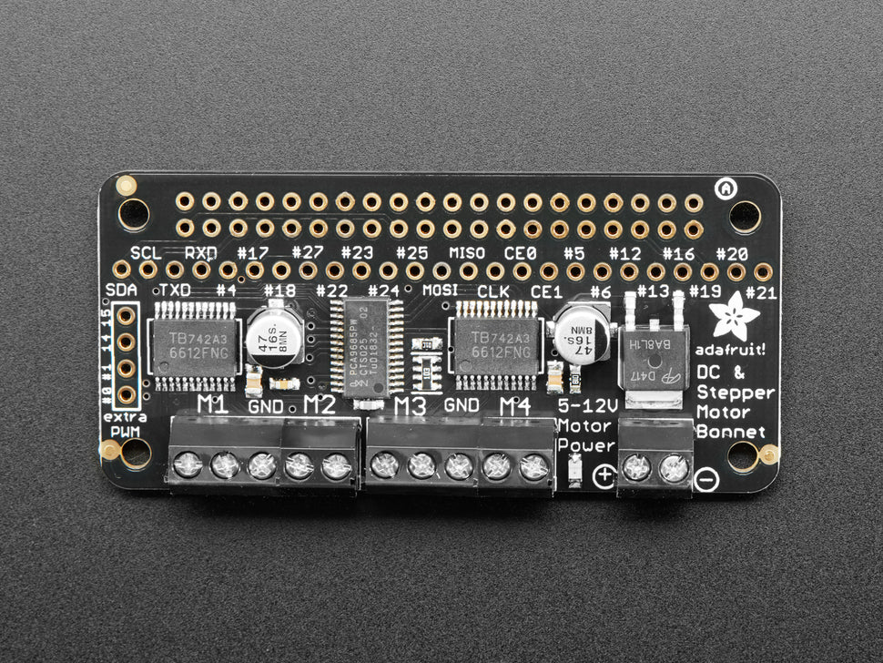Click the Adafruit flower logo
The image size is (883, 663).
tap(734, 316)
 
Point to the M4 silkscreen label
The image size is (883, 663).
tap(514, 405)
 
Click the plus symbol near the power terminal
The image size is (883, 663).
tap(604, 474)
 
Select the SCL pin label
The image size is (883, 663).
tap(146, 251)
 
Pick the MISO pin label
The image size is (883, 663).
tap(467, 251)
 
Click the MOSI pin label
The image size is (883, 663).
tap(439, 291)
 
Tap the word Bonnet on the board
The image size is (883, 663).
tap(733, 430)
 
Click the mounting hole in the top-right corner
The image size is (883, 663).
tap(745, 216)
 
